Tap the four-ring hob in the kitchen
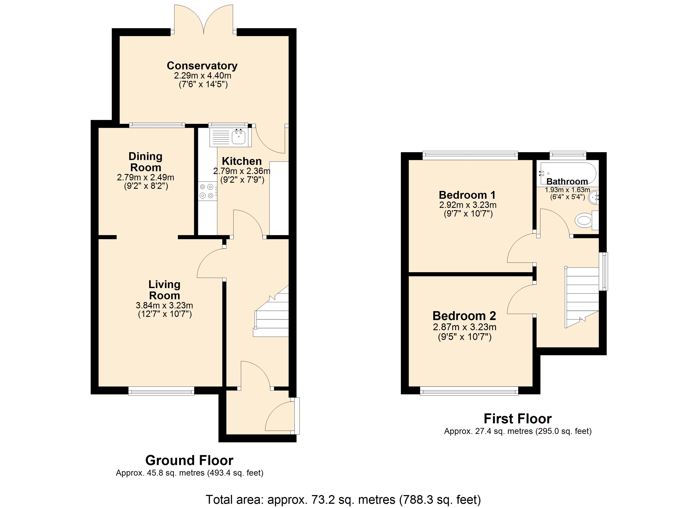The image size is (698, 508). tap(207, 191)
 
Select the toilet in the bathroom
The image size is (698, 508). tap(587, 220)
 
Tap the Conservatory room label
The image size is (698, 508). tap(202, 66)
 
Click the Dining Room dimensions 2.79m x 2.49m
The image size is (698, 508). tap(146, 177)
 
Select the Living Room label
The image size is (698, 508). tap(165, 290)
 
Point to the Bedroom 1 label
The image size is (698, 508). tap(467, 195)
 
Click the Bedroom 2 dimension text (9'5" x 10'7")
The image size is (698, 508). tap(465, 337)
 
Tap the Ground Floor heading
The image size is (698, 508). tap(189, 460)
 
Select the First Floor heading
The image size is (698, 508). tap(518, 419)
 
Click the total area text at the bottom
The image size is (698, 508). tap(343, 499)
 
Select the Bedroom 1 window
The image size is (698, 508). tap(470, 155)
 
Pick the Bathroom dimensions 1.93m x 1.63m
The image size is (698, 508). tap(567, 190)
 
